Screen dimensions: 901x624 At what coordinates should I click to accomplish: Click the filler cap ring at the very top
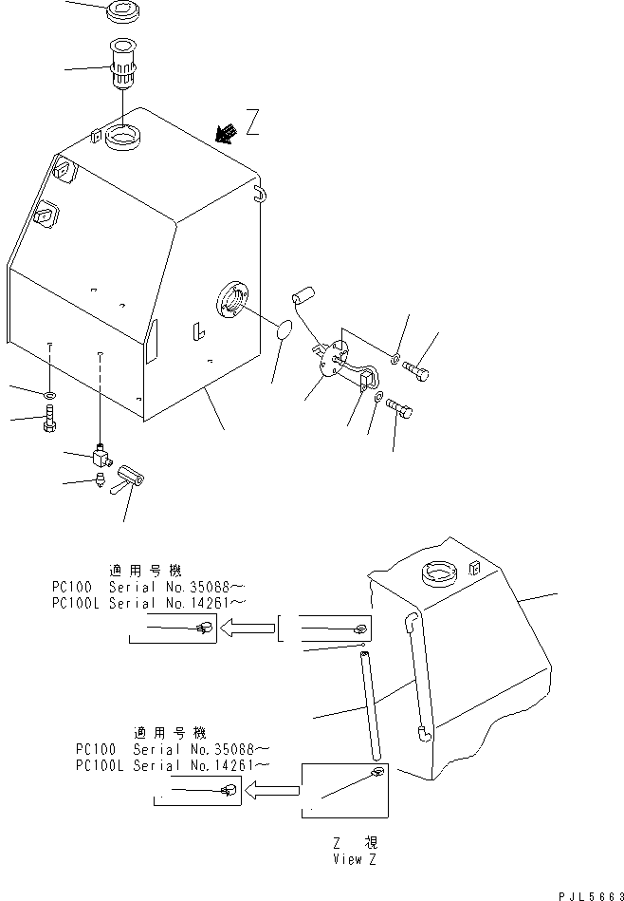click(x=121, y=14)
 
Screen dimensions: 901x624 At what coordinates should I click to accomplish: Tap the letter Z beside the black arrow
click(x=252, y=122)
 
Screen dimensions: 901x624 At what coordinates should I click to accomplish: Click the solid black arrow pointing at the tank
click(x=226, y=134)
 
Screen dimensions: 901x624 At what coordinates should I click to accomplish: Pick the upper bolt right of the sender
click(x=416, y=368)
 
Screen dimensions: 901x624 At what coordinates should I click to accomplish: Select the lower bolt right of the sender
click(x=399, y=410)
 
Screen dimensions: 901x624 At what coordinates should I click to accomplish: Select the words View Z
click(x=356, y=859)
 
